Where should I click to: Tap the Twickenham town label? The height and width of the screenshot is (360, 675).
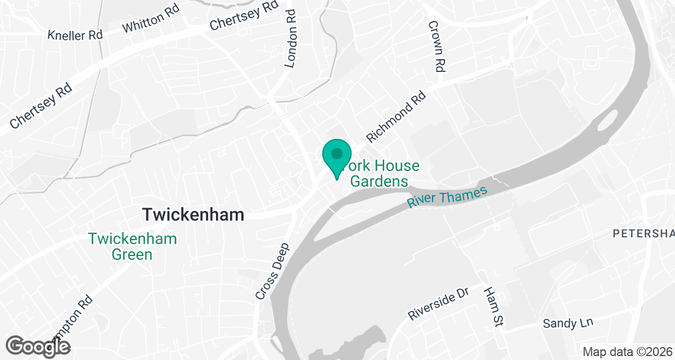pos(193,215)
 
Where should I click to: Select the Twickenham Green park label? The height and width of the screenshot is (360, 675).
pos(132,246)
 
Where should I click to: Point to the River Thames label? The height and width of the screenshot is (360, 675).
pos(447,198)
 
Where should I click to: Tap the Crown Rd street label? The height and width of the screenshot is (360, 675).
pos(436,46)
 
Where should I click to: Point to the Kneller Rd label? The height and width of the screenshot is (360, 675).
pos(75,35)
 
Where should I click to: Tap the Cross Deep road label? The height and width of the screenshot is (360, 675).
pos(272,271)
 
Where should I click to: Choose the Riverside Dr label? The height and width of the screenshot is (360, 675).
pos(438,305)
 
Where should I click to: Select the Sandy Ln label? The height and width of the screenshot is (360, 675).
pos(568,323)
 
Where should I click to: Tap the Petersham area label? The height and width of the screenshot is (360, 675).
pos(643,233)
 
